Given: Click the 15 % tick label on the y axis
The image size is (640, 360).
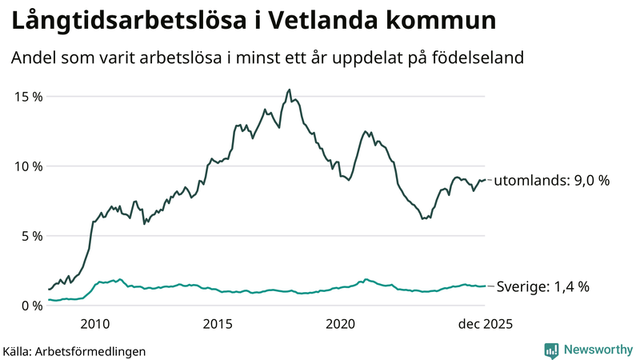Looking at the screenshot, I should point(28,97).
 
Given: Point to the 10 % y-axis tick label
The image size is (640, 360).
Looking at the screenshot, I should point(28,166).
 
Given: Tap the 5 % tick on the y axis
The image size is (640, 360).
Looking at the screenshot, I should point(31,236).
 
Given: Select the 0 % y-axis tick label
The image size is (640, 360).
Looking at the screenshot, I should point(31,306).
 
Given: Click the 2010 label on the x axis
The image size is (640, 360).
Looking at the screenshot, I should point(94,324).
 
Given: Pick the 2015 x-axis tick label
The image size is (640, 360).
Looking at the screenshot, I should point(218,324).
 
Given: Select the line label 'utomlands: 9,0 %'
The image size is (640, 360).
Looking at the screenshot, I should point(552,181).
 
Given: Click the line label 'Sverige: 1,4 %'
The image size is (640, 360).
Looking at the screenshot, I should point(543,286).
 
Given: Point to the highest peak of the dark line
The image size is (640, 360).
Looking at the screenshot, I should point(289,90).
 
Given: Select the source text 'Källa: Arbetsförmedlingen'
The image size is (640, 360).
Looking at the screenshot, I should point(74,350).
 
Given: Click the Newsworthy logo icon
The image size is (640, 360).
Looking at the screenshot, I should point(551,350).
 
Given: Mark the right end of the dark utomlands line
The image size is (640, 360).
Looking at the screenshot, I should point(485,180).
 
